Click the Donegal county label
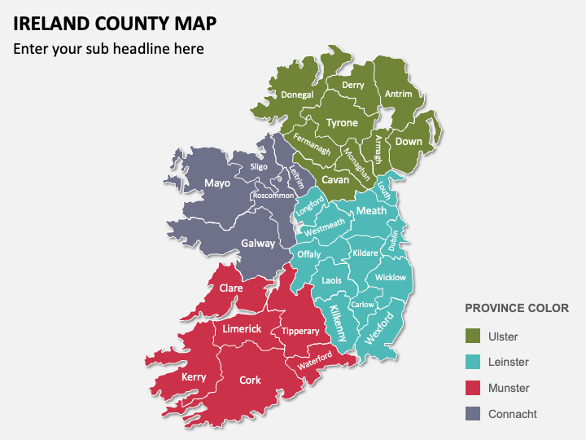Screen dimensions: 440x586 297,95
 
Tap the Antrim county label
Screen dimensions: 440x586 398,94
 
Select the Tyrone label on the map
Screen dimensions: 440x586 342,123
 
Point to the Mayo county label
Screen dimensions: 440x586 217,183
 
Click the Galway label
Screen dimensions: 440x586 258,244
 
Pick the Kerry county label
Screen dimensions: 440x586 194,376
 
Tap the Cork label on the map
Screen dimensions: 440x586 250,380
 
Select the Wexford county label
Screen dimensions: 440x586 379,328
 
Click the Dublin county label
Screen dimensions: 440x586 394,240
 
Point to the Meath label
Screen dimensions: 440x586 371,211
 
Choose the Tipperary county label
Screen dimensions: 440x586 300,331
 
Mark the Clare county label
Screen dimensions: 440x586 231,288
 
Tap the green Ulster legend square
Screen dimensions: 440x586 472,337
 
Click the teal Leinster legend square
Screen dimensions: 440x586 472,362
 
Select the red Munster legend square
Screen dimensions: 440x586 472,388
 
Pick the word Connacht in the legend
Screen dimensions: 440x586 513,414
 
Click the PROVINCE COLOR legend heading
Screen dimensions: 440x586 516,309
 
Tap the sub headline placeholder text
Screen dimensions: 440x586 108,49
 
